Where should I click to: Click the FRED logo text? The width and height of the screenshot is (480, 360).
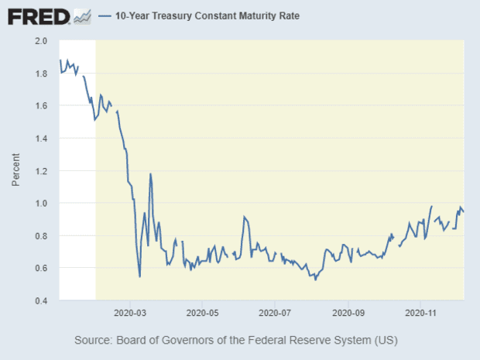(37, 16)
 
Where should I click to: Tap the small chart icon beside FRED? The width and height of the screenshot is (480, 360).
(81, 16)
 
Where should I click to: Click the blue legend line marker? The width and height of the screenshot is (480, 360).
(105, 16)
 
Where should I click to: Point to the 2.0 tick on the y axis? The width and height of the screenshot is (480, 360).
(42, 41)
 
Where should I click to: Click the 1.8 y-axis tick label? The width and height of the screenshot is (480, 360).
(42, 74)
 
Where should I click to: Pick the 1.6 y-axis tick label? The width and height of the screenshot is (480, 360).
(42, 106)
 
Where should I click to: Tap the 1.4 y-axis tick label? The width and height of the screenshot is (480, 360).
(42, 139)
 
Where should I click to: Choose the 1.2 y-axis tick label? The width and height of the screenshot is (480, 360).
(42, 171)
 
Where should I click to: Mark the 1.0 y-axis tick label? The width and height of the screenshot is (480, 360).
(42, 204)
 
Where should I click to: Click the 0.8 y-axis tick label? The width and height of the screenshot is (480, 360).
(42, 236)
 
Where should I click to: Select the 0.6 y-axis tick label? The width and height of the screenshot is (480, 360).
(42, 269)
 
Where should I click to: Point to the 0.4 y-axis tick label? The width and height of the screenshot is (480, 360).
(42, 301)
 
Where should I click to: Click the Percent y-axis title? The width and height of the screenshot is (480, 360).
(16, 171)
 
